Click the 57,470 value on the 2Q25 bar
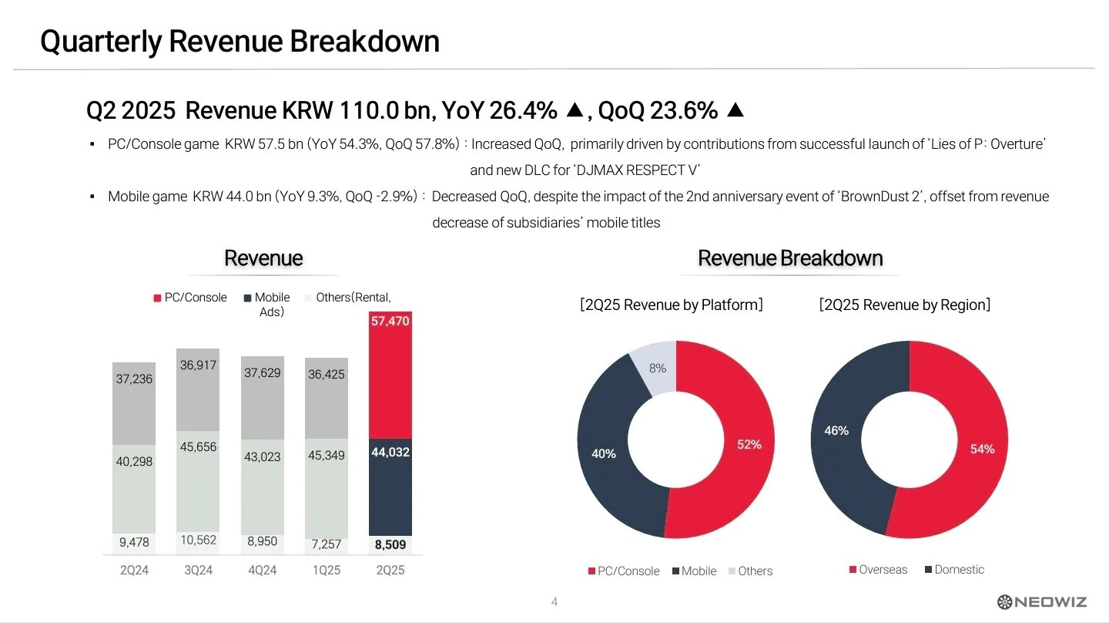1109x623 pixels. tap(390, 321)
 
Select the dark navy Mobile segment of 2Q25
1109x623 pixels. tap(390, 486)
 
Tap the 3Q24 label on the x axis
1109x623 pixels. tap(198, 571)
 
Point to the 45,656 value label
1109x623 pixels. tap(198, 447)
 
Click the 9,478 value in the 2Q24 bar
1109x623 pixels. tap(134, 543)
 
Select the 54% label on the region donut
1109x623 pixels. tap(982, 449)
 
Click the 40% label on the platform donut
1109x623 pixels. tap(604, 454)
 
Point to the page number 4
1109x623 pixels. tap(554, 602)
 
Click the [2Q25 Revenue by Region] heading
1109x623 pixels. tap(905, 305)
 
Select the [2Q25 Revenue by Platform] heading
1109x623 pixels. tap(672, 305)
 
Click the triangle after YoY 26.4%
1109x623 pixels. tap(575, 111)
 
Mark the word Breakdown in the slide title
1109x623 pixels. tap(364, 41)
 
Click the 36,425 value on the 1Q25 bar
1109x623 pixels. tap(326, 375)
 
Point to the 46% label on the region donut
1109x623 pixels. tap(836, 431)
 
